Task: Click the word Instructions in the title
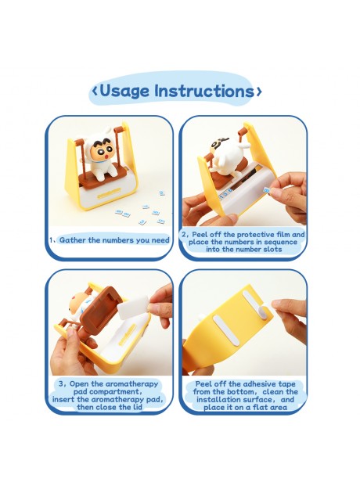[204, 91]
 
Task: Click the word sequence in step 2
[281, 242]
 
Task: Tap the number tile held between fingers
[267, 190]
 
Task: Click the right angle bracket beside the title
[258, 92]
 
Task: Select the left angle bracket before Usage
[95, 91]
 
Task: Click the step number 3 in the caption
[61, 384]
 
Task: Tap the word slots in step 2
[274, 250]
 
